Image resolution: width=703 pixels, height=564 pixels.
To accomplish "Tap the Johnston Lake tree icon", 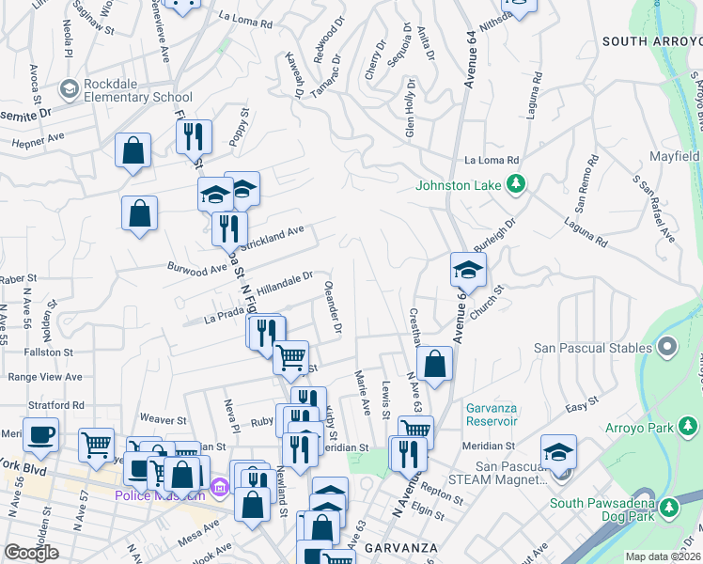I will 515,185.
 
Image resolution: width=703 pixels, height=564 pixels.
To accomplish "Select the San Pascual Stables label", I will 594,348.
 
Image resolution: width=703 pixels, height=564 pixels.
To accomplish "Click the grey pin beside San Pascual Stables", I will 667,348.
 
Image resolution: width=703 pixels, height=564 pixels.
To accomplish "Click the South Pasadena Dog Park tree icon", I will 668,509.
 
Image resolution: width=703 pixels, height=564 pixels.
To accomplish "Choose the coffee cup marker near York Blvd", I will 40,435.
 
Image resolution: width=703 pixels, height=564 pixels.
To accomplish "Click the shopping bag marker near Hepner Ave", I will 133,150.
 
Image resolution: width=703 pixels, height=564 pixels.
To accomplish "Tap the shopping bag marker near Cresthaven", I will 434,365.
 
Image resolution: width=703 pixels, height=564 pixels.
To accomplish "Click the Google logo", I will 31,553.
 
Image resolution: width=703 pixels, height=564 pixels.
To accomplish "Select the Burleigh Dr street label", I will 496,237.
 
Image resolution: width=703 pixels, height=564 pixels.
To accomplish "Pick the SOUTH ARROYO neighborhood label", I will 651,41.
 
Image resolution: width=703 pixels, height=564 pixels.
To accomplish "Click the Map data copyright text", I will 663,556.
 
